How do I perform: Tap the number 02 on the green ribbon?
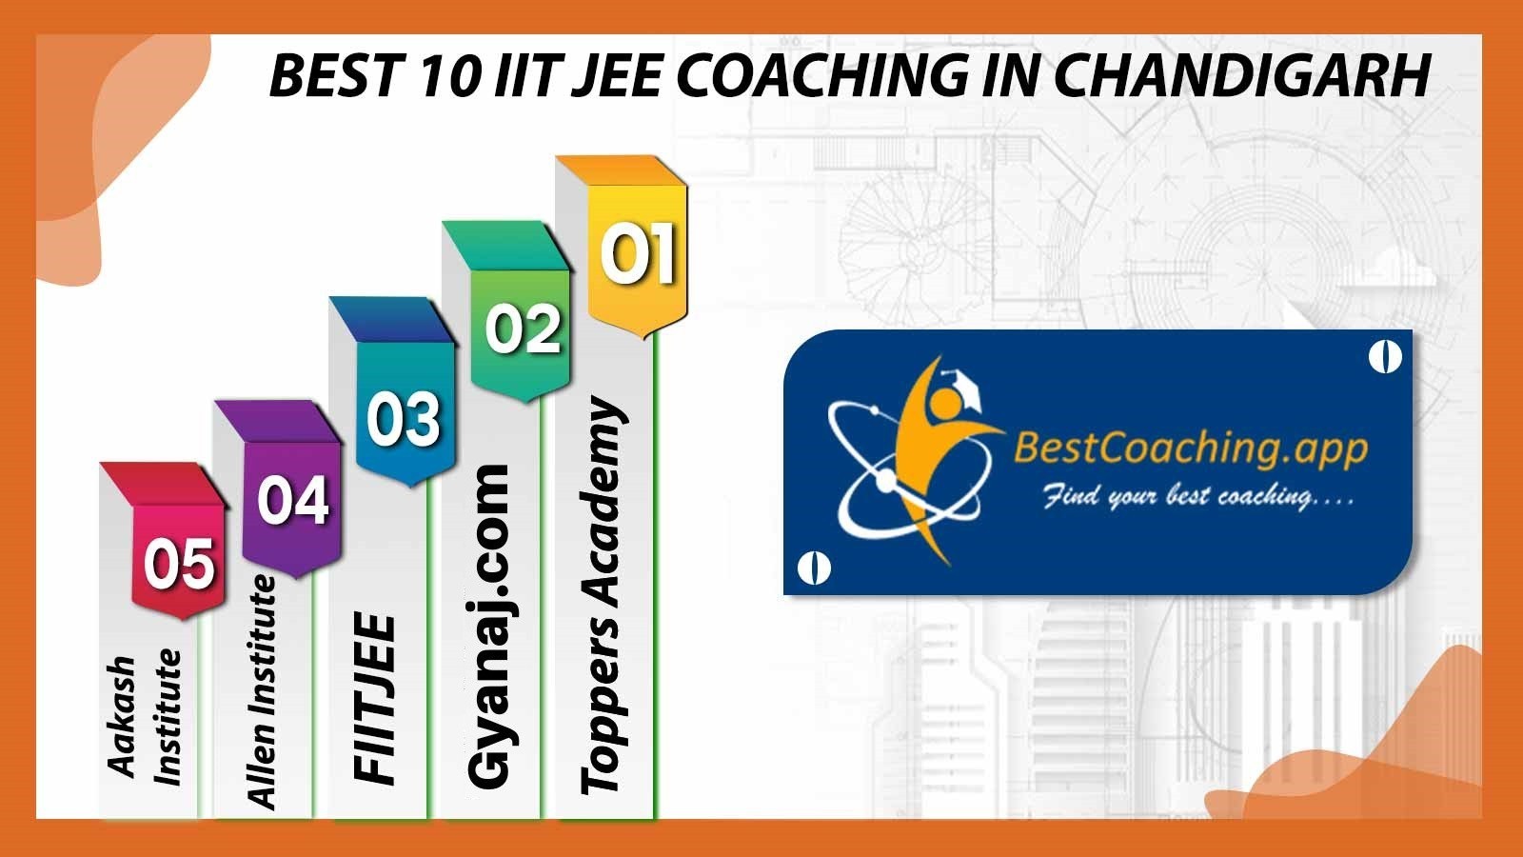(523, 329)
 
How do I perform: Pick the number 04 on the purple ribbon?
(293, 500)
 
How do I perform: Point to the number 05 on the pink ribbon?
(179, 564)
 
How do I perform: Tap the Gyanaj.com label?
(488, 627)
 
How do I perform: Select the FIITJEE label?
(374, 699)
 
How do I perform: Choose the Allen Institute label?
(261, 691)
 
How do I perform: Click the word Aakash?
(122, 716)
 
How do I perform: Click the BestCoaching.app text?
(1191, 449)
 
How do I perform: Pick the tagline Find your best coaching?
(1197, 497)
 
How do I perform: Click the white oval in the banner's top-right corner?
(1385, 357)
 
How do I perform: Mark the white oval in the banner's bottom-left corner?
(813, 568)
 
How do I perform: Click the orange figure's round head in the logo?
(943, 403)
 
